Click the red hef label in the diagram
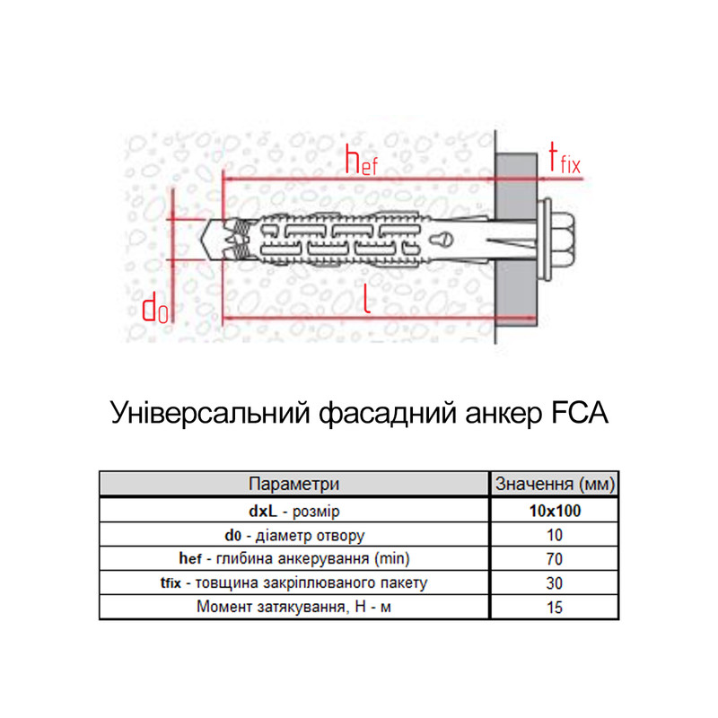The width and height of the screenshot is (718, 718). click(362, 160)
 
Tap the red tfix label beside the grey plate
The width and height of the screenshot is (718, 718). click(565, 158)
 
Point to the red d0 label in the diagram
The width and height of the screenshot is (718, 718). click(154, 309)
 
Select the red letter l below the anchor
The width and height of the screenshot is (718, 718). click(366, 298)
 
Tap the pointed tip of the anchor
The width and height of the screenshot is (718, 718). click(201, 239)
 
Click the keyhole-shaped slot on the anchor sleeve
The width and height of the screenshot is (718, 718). click(441, 239)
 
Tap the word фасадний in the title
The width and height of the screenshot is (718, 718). click(388, 414)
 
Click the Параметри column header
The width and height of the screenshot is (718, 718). click(294, 484)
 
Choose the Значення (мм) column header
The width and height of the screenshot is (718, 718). click(555, 484)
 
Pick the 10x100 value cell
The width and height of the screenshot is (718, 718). click(555, 511)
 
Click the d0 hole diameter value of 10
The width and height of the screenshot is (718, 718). click(555, 535)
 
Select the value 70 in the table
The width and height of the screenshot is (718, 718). click(554, 558)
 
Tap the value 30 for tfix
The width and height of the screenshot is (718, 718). click(554, 582)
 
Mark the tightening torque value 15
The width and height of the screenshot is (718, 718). click(555, 608)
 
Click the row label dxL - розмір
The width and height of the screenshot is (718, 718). click(294, 511)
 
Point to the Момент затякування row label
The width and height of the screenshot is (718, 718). click(293, 607)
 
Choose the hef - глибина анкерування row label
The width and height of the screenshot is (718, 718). click(294, 558)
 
